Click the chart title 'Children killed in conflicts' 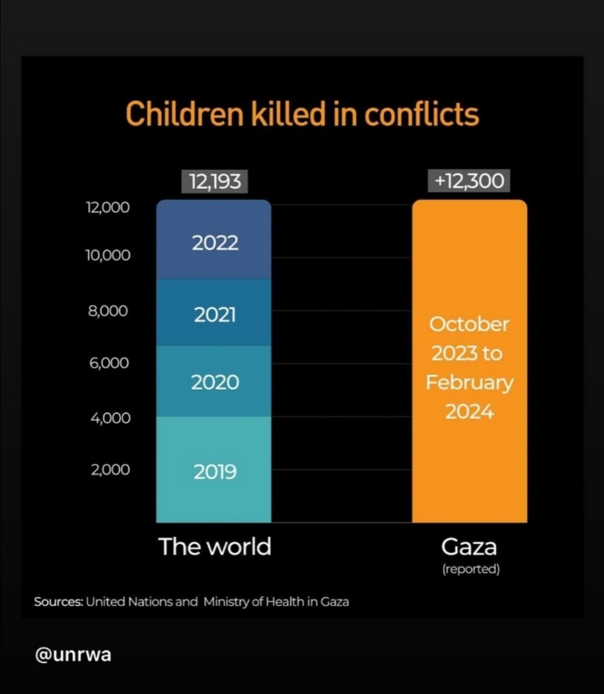(x=302, y=114)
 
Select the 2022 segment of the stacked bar (x=214, y=242)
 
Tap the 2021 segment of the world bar (x=214, y=314)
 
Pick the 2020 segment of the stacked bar (x=214, y=382)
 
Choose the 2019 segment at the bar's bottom (x=214, y=471)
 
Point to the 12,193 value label (x=215, y=181)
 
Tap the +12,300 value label (x=469, y=181)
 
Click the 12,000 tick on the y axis (x=107, y=207)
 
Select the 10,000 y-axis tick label (x=107, y=256)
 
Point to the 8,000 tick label (x=108, y=310)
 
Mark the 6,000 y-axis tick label (x=108, y=363)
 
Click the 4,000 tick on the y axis (x=110, y=418)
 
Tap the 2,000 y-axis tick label (x=110, y=470)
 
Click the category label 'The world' (x=215, y=546)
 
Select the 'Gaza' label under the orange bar (x=469, y=546)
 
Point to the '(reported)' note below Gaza (x=470, y=569)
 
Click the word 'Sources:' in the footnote (x=58, y=602)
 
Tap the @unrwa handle (x=73, y=654)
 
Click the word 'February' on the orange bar (x=469, y=383)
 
